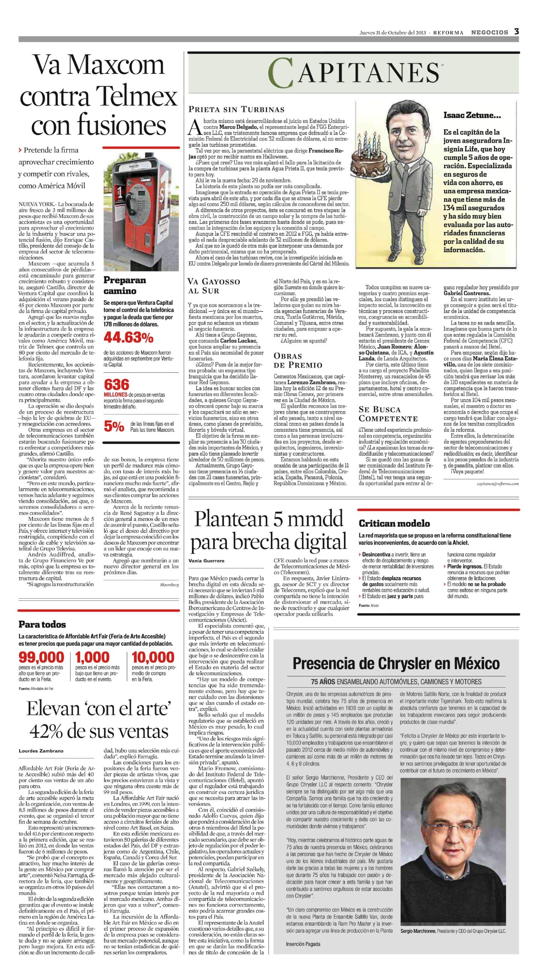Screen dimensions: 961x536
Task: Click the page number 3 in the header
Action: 516,32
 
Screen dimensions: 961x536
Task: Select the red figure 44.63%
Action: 128,337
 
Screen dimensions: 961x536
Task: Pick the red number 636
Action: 116,384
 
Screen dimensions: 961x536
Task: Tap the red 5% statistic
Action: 114,426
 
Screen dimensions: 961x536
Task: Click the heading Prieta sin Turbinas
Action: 236,110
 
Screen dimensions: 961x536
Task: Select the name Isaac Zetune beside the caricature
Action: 472,115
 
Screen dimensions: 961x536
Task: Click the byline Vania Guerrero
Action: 206,561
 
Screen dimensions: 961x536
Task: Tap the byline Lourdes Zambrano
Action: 41,751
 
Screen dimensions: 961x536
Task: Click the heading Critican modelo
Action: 394,523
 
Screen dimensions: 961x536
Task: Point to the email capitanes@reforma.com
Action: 497,484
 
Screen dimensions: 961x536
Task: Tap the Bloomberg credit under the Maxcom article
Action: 170,585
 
